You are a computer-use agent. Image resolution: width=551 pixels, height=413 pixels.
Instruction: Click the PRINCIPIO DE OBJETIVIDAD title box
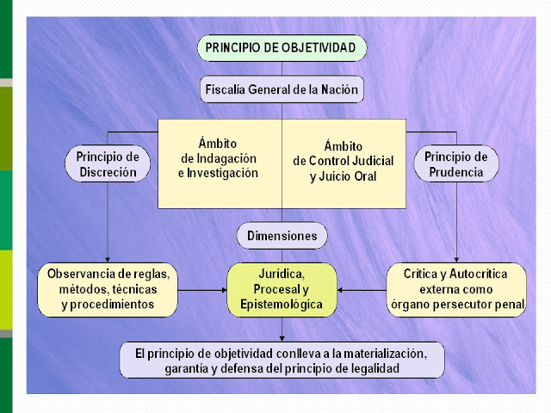click(282, 47)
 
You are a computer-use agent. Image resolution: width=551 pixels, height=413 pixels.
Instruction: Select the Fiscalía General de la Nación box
click(282, 89)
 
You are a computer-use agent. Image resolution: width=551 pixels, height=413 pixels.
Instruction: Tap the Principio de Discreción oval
click(108, 163)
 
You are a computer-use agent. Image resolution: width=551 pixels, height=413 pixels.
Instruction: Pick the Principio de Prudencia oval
click(456, 163)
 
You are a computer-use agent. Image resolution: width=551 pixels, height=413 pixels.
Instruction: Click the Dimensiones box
click(282, 235)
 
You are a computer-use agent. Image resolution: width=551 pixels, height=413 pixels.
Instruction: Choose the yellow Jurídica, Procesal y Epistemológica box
click(282, 289)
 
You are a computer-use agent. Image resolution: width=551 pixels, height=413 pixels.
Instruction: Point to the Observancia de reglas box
click(108, 289)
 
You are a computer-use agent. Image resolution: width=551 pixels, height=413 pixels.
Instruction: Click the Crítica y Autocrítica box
click(456, 289)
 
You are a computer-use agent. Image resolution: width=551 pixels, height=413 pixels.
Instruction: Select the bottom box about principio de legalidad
click(282, 360)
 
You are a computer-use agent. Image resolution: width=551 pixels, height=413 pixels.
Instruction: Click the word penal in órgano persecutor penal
click(508, 304)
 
